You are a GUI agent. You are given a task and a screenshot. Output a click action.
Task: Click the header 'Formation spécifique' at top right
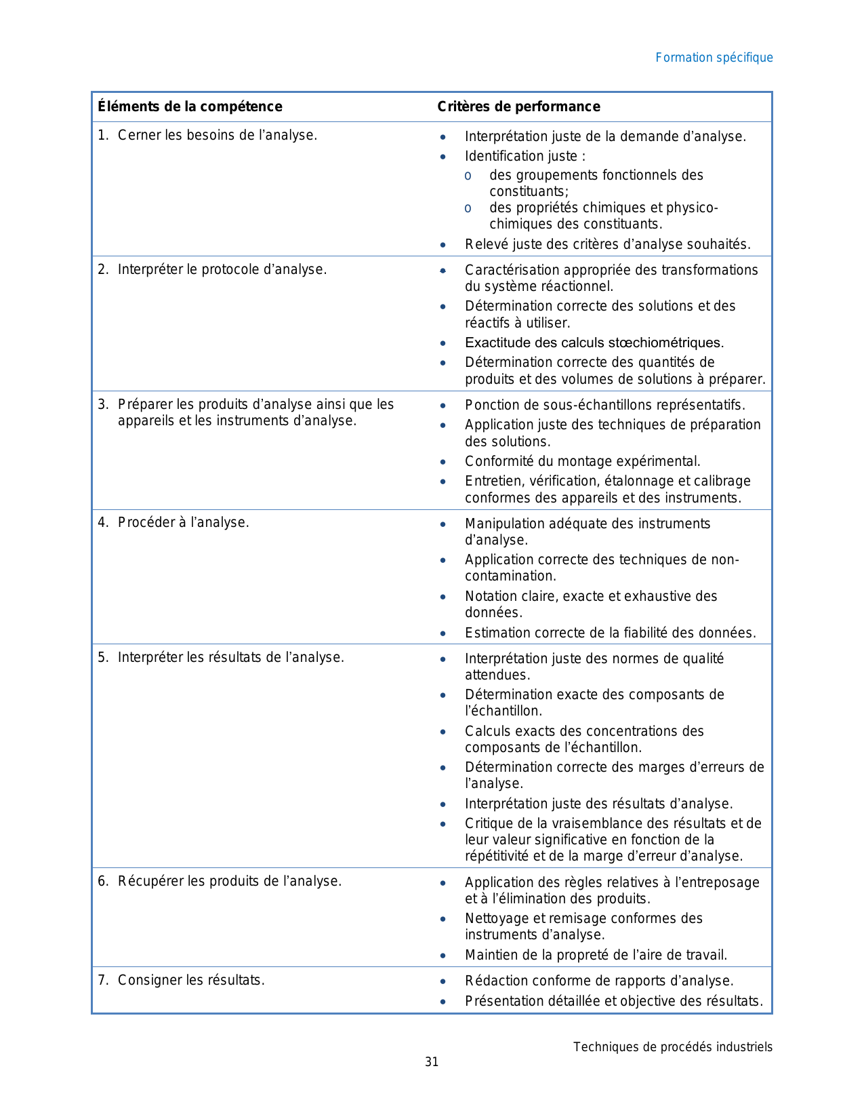point(714,58)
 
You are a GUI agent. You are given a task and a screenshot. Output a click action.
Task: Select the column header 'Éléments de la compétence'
point(190,106)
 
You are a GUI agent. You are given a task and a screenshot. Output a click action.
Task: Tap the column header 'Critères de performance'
point(518,106)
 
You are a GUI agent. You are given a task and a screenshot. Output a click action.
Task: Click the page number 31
point(432,1062)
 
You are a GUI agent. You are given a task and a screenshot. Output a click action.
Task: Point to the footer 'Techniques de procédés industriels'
point(672,1047)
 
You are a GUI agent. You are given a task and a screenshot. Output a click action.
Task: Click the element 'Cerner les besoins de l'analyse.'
point(217,135)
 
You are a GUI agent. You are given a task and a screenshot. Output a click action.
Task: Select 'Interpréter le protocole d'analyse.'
point(222,269)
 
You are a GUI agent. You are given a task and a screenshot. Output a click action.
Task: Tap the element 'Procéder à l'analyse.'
point(183,522)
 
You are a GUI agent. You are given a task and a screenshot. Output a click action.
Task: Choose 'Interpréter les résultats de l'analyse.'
point(230,657)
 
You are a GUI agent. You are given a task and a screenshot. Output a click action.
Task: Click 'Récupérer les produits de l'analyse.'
point(229,881)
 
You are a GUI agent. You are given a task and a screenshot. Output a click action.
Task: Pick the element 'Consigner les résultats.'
point(190,980)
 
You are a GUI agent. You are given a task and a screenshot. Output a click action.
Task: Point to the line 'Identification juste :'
point(525,156)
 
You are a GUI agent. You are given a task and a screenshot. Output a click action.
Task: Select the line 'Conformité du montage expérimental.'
point(582,461)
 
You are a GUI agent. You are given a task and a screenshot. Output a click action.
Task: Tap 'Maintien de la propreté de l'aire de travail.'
point(596,955)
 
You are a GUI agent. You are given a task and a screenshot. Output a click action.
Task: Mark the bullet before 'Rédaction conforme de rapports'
point(443,981)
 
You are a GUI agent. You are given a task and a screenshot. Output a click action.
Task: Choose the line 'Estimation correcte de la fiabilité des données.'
point(610,633)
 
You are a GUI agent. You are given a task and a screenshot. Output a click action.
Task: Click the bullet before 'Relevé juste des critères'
point(443,245)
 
